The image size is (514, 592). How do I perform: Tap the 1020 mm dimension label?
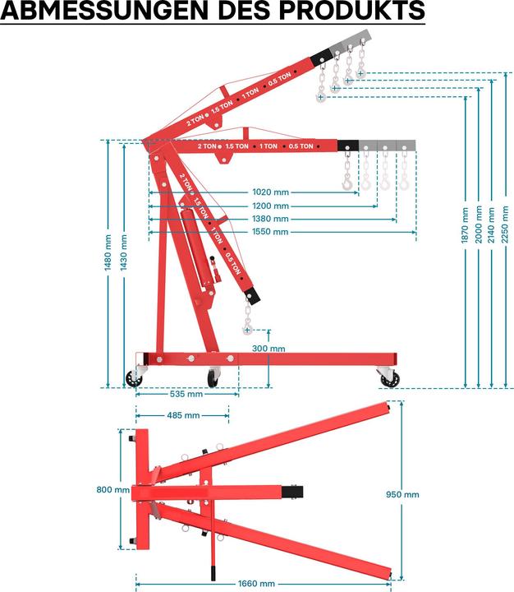tap(270, 193)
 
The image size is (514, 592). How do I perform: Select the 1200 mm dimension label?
tap(270, 206)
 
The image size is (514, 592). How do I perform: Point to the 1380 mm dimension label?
tap(270, 219)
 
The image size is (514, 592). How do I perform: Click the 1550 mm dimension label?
tap(270, 232)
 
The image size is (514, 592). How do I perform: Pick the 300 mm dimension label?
tap(268, 349)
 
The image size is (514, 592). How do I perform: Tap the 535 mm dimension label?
tap(186, 394)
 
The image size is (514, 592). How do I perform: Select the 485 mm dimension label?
tap(183, 415)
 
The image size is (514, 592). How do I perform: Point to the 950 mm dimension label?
tap(402, 494)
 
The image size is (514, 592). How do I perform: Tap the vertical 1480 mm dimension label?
tap(108, 254)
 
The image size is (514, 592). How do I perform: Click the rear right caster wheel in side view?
tap(391, 378)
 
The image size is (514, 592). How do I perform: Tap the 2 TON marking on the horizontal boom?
tap(207, 146)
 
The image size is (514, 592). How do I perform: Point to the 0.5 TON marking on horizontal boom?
tap(300, 146)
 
